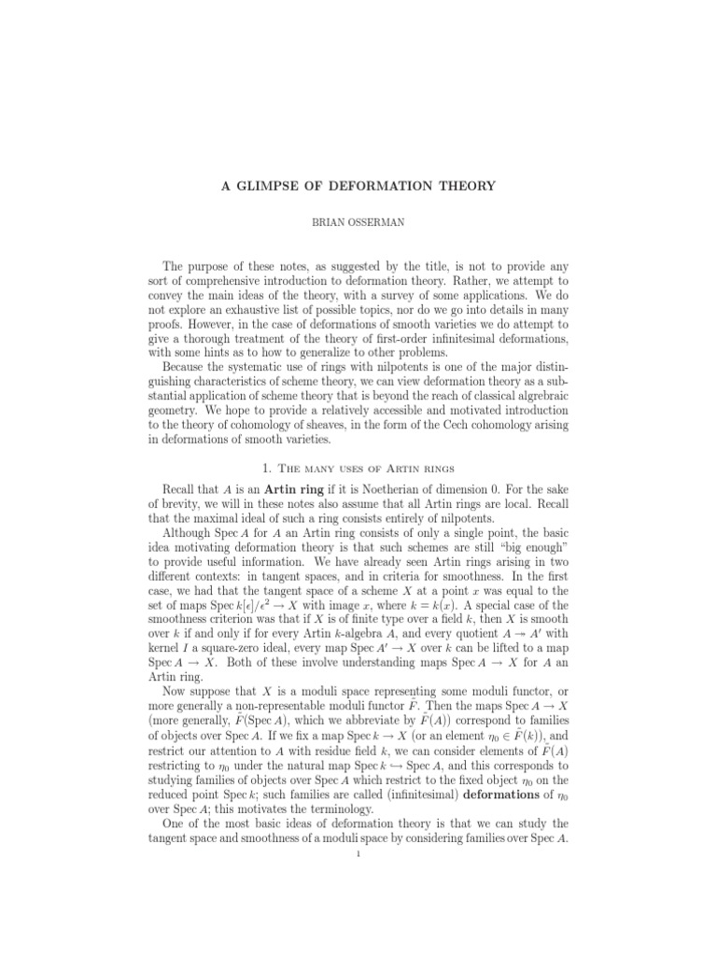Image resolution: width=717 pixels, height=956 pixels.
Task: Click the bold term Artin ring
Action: pos(302,487)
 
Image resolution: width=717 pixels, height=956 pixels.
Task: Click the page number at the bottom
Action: pos(358,860)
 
